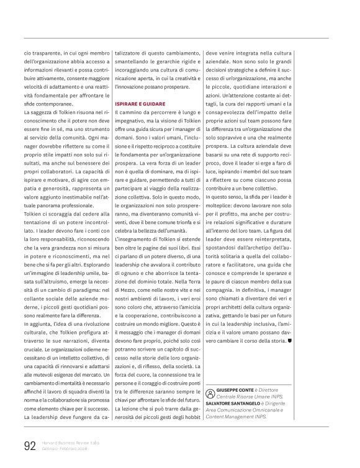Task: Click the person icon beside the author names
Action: (211, 394)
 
